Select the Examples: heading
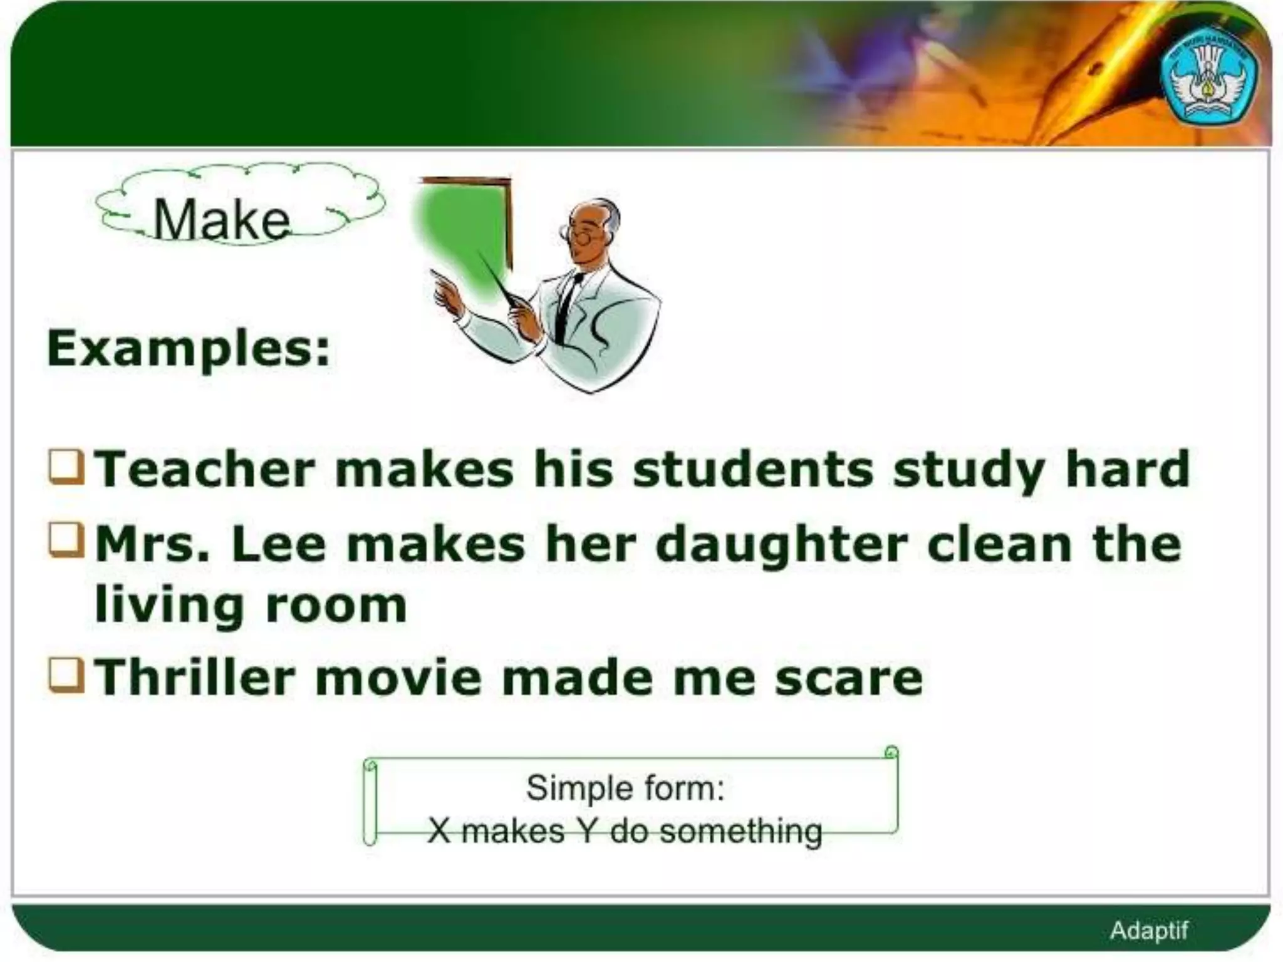click(188, 348)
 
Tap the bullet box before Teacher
click(66, 467)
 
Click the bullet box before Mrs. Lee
click(66, 540)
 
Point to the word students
click(752, 469)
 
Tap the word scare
click(848, 678)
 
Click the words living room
click(251, 606)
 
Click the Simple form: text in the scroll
click(625, 788)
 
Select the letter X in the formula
click(439, 832)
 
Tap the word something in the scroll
click(740, 832)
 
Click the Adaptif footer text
click(1148, 930)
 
